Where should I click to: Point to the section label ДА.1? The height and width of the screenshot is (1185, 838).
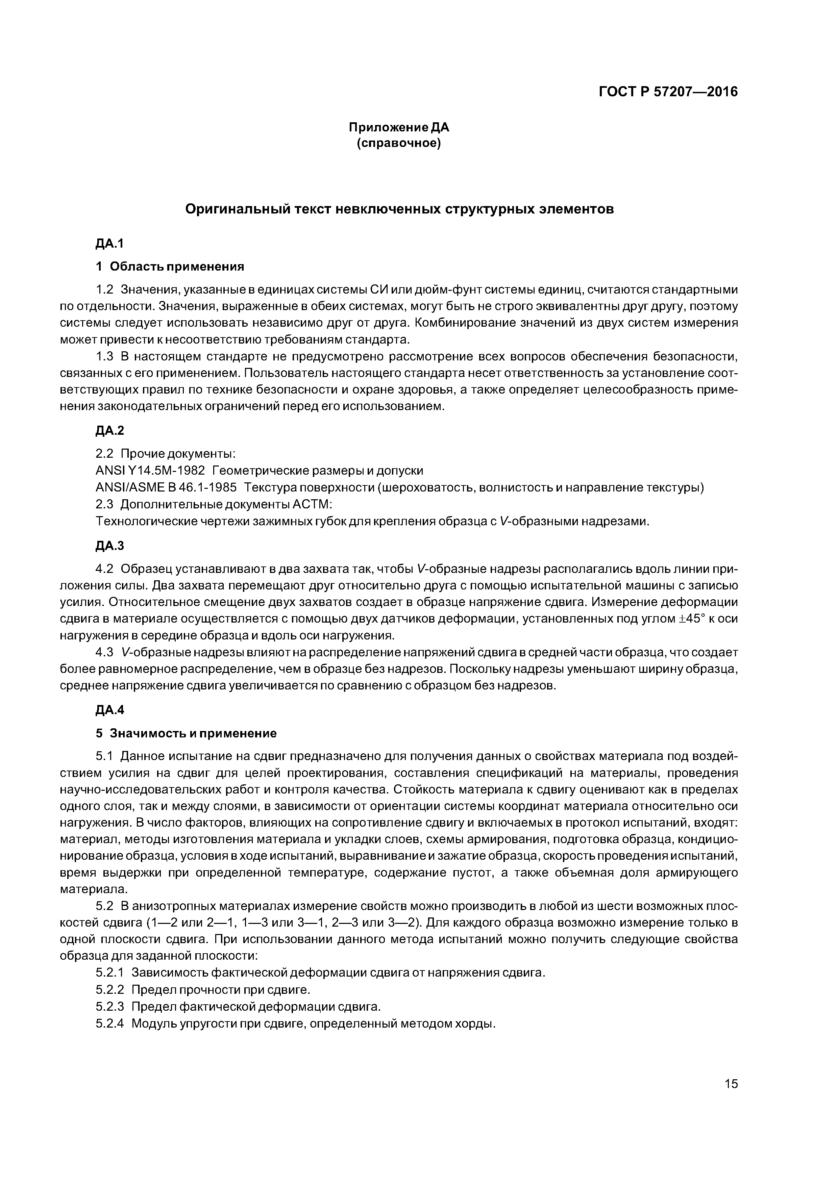110,244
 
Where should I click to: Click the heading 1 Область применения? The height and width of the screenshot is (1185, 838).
170,266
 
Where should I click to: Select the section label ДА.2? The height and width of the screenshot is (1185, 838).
110,430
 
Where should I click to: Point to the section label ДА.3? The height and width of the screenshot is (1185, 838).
110,546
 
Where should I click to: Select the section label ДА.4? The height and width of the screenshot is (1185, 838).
110,710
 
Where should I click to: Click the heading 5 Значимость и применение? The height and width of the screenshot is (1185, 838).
186,733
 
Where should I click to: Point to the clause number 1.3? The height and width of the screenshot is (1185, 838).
104,357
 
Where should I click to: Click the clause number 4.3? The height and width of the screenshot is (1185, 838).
104,653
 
